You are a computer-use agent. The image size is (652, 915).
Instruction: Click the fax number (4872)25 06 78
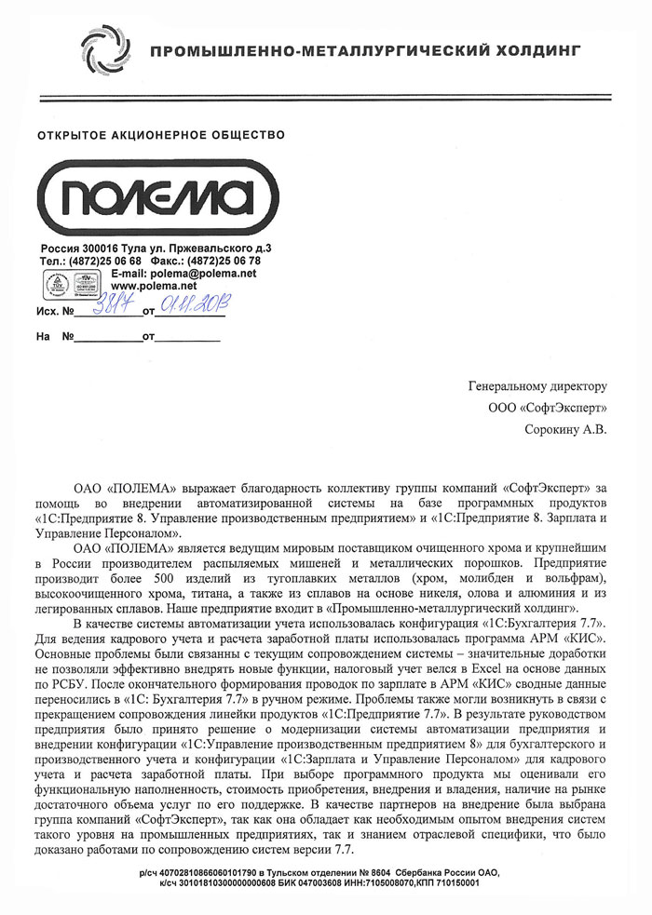(224, 262)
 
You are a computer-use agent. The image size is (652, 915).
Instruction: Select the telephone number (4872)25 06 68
(115, 262)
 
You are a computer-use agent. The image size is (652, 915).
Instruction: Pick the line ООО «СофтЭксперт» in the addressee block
(547, 407)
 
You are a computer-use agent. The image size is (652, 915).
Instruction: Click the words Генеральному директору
(537, 385)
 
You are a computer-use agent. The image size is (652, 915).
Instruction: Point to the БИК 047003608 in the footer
(335, 882)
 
